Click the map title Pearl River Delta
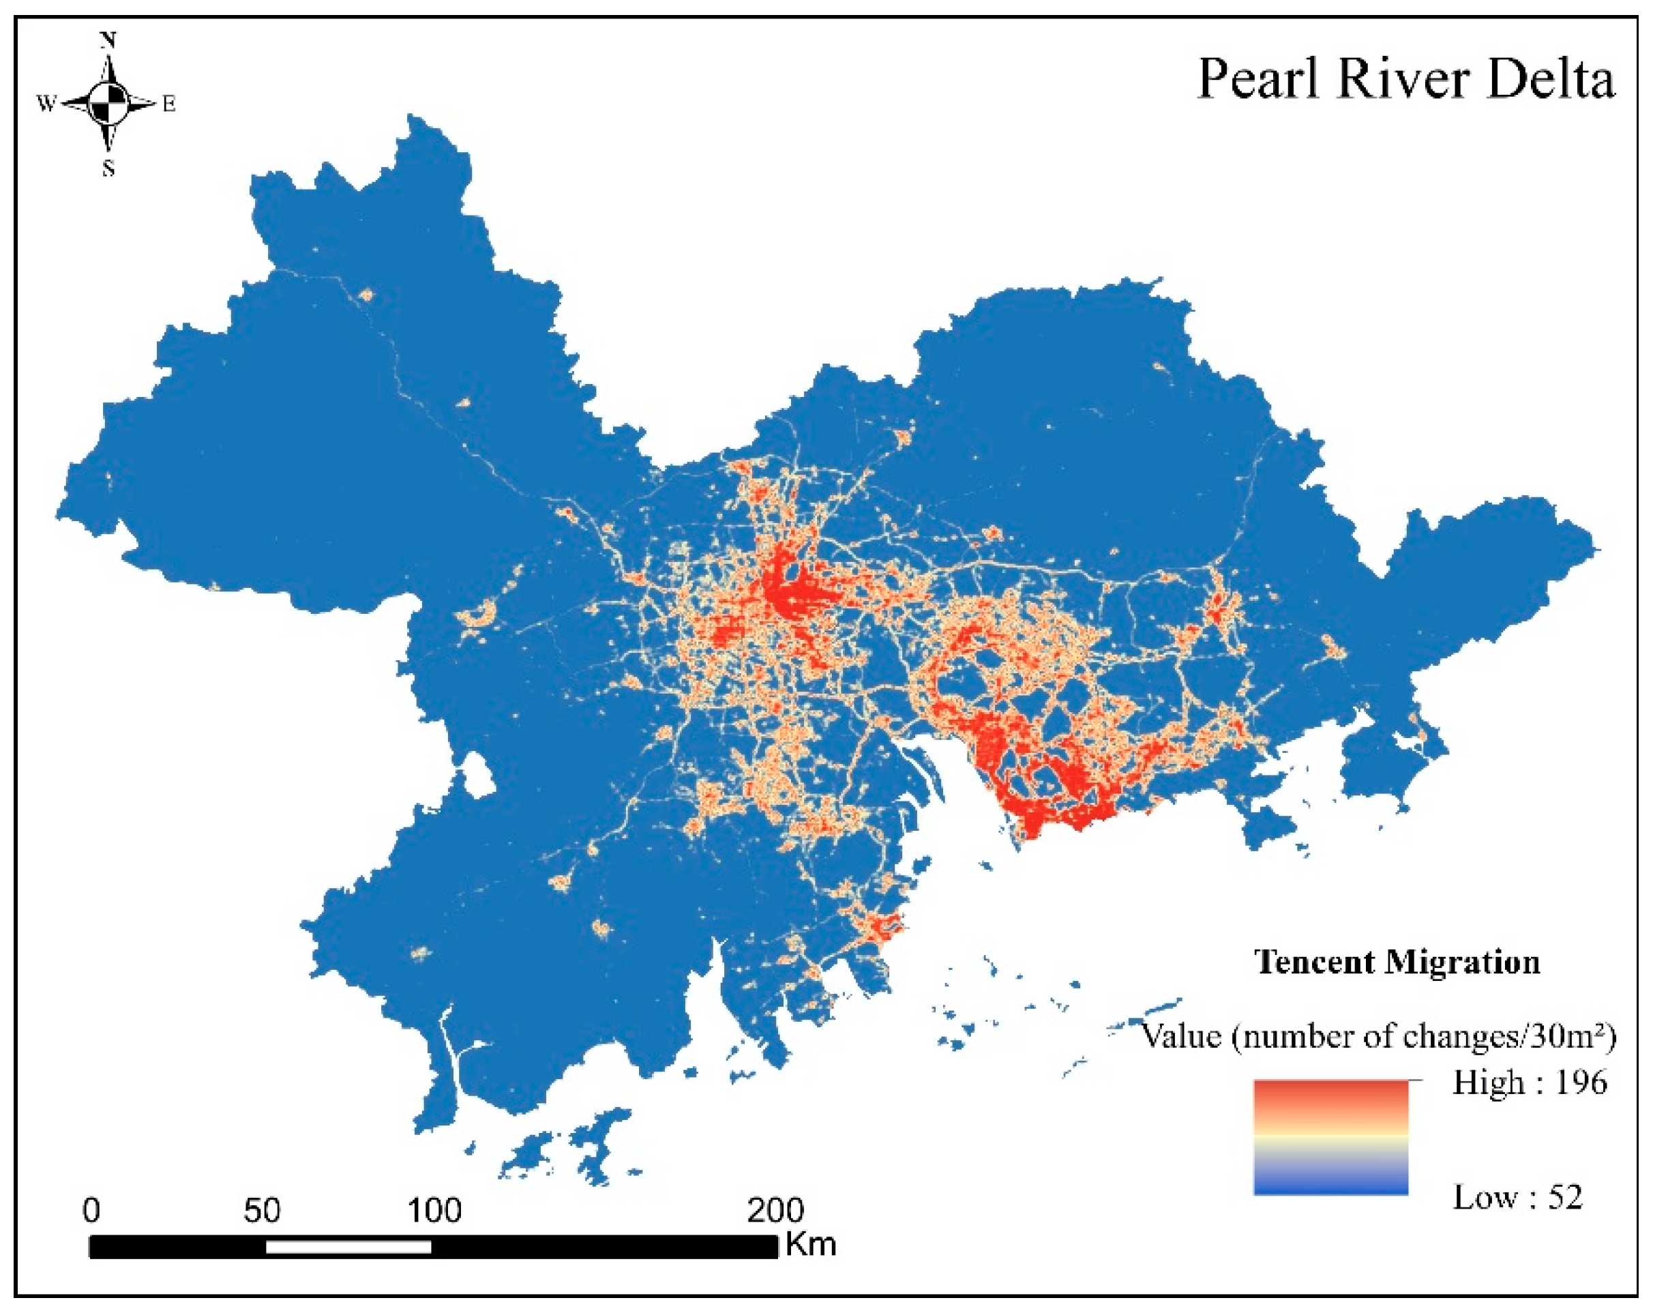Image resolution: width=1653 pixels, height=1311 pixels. (1405, 80)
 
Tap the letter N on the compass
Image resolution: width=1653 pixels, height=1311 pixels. (108, 40)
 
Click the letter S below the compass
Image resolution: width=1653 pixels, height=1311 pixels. (108, 168)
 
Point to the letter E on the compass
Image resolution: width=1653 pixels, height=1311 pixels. (168, 104)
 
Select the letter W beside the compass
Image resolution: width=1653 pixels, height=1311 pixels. (46, 104)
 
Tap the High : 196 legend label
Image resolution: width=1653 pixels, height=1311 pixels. (1530, 1083)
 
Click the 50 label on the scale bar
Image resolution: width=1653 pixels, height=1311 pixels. (263, 1211)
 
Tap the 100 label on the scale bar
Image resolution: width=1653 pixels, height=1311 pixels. (434, 1211)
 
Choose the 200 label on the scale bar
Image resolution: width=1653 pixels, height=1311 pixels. (776, 1211)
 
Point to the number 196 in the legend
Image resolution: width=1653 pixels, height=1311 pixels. (1581, 1083)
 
